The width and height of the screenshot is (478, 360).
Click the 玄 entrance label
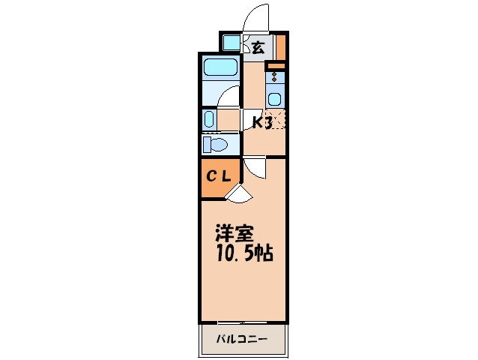[257, 47]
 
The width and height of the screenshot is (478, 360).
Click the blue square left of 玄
[232, 43]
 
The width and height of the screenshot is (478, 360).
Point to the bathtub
[220, 69]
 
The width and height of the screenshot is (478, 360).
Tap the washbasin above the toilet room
[209, 119]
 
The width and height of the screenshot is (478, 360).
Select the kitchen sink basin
[275, 98]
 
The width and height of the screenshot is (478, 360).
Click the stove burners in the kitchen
[275, 76]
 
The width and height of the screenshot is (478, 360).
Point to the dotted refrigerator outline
[276, 121]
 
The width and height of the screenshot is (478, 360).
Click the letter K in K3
[255, 122]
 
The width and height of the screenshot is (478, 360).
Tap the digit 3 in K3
[267, 122]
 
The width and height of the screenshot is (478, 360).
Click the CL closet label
[219, 177]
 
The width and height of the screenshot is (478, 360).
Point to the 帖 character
[263, 253]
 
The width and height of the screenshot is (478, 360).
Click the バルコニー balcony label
[242, 339]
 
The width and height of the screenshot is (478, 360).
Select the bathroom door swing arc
[230, 96]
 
